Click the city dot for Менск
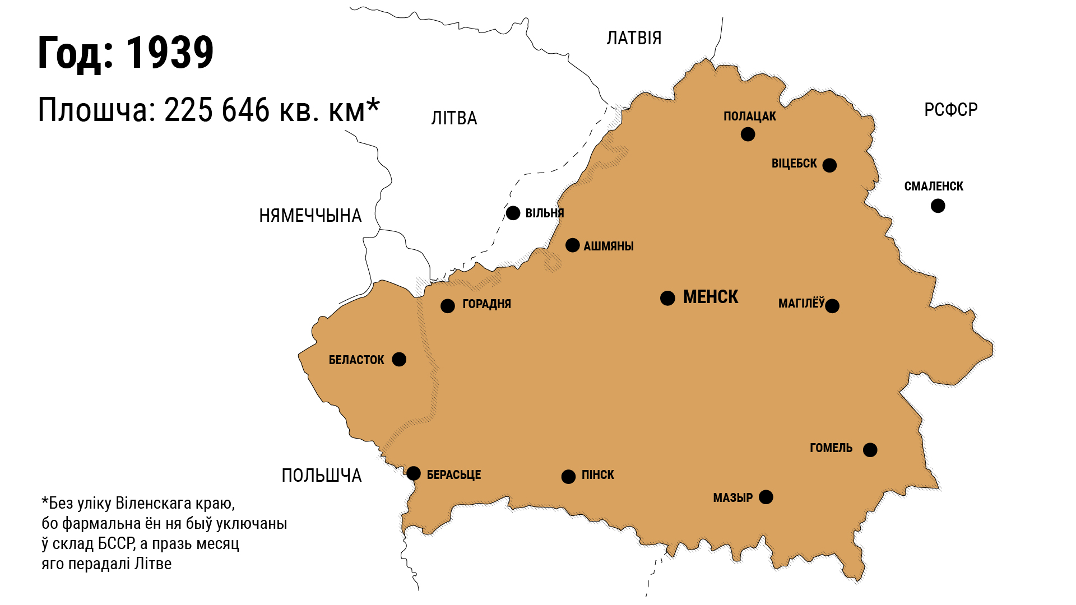[x=667, y=298]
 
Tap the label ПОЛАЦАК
[x=749, y=117]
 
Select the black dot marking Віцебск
[x=829, y=165]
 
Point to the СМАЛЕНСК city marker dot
[x=938, y=206]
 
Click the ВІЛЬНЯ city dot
[x=513, y=213]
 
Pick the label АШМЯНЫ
[x=608, y=246]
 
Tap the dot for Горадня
[x=447, y=306]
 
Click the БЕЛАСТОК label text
[x=356, y=360]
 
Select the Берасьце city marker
[x=414, y=473]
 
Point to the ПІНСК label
[x=597, y=475]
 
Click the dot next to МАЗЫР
[x=766, y=497]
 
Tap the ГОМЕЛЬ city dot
[x=870, y=450]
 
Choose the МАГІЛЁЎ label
[x=801, y=304]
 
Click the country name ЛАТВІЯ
[x=634, y=38]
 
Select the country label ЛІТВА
[x=454, y=118]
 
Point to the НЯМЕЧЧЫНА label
[x=310, y=216]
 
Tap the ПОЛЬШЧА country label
[x=321, y=476]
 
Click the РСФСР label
[x=950, y=110]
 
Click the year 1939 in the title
[x=169, y=53]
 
